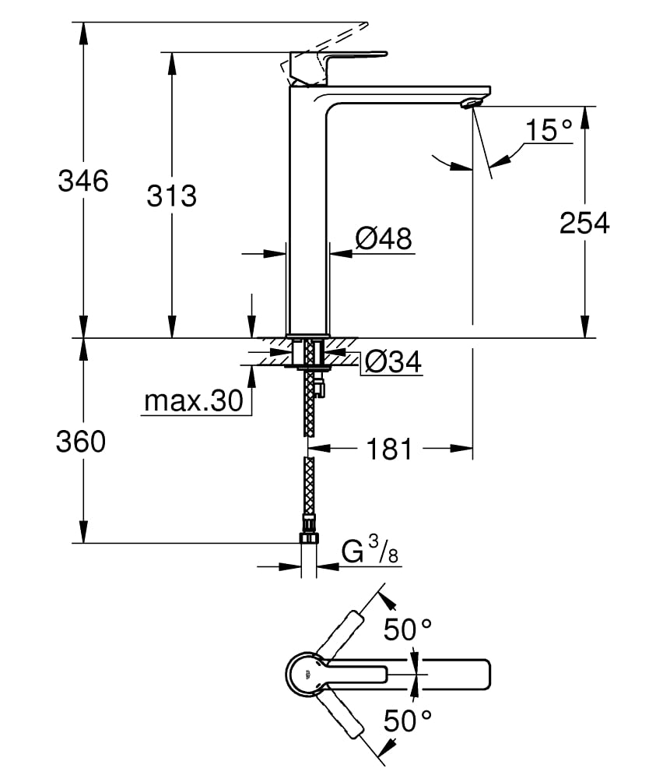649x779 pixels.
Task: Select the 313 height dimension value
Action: click(x=172, y=196)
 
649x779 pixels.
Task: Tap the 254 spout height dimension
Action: click(x=584, y=223)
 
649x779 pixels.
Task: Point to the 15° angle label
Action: click(x=548, y=129)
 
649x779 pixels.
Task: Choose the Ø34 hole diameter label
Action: click(x=392, y=361)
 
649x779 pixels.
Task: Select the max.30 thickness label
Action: click(x=193, y=402)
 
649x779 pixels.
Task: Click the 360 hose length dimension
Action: click(x=80, y=442)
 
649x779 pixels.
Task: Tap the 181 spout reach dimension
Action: click(x=389, y=449)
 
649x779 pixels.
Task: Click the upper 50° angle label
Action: click(x=408, y=629)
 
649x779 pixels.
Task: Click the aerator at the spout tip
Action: click(x=472, y=104)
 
